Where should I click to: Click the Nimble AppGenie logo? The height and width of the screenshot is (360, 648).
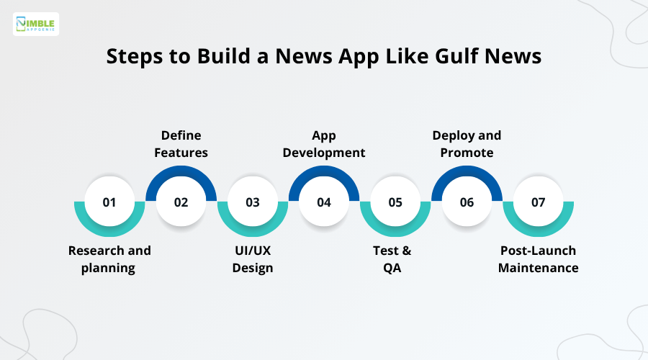click(36, 24)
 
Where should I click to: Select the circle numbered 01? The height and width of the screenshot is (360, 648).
click(109, 202)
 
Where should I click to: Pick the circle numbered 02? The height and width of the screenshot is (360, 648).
click(181, 202)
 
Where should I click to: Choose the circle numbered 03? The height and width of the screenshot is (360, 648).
click(253, 202)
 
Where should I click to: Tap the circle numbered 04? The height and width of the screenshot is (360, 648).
click(324, 202)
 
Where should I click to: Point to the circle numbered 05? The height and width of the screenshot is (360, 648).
click(395, 202)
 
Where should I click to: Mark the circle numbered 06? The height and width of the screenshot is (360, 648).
click(467, 202)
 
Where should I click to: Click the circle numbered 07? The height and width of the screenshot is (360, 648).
click(539, 202)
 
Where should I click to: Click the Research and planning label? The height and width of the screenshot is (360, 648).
click(109, 259)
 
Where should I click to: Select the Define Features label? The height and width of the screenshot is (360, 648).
click(181, 144)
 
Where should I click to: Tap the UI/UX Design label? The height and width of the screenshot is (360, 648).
click(253, 259)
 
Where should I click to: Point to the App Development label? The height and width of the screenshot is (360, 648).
click(324, 144)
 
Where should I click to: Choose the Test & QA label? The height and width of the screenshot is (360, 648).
click(395, 259)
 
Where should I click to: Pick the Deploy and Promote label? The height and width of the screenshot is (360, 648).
click(467, 144)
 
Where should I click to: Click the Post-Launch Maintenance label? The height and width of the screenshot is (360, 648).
click(539, 259)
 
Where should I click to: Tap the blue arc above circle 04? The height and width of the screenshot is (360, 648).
click(324, 171)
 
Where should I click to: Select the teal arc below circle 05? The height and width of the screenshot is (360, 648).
click(395, 233)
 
